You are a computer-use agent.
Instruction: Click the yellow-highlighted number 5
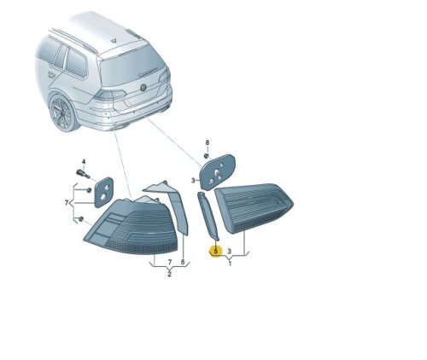point(216,252)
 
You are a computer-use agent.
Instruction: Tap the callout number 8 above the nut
point(208,142)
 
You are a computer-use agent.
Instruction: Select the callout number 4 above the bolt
point(84,162)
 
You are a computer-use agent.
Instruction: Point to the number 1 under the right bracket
point(230,264)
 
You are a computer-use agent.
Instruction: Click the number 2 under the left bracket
point(169,275)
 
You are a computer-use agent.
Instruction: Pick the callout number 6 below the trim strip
point(183,262)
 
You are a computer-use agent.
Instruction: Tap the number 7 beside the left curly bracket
point(67,203)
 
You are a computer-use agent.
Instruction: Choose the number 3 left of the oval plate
point(193,180)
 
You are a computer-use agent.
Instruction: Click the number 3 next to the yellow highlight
point(230,252)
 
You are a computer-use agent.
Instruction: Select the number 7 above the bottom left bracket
point(170,262)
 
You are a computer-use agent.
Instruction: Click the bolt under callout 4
point(83,173)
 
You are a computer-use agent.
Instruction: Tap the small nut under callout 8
point(207,155)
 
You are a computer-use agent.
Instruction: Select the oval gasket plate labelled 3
point(218,172)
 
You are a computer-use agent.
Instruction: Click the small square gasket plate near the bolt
point(103,192)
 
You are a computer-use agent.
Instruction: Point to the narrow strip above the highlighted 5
point(208,216)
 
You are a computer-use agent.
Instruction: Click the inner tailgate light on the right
point(254,207)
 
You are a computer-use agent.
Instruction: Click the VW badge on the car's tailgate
point(143,88)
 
